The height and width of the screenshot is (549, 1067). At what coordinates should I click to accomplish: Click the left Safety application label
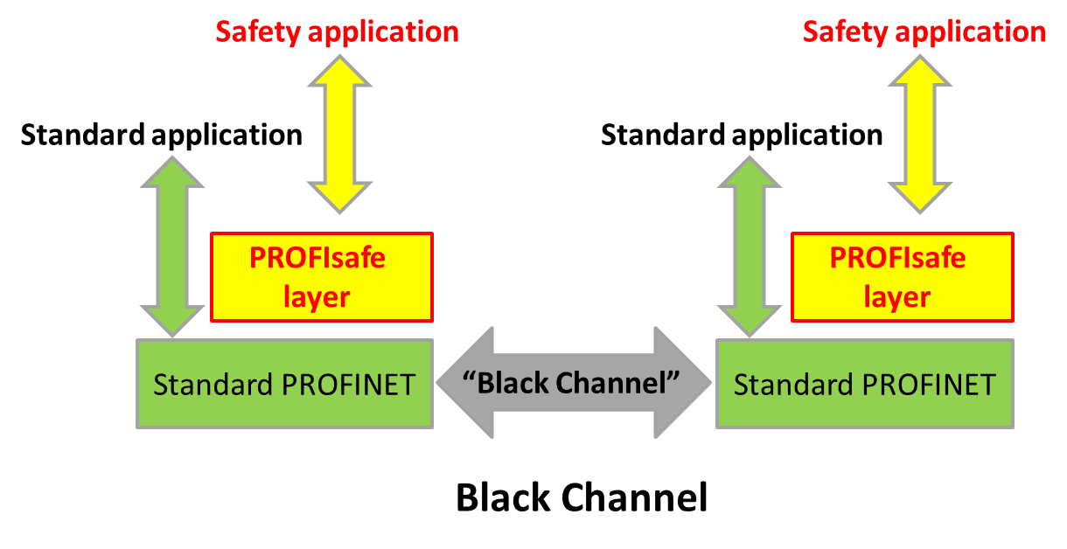[337, 31]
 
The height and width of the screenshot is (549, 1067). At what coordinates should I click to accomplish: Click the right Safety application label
[924, 31]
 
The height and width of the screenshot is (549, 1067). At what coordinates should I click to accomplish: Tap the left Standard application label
[161, 136]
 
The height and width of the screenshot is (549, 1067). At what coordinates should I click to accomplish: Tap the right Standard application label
[742, 136]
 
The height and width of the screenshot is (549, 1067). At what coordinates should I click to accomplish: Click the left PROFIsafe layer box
[321, 277]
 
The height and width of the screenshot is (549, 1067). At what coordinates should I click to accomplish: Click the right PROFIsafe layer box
[902, 277]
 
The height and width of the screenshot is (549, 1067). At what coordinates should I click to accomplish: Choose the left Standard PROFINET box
[284, 385]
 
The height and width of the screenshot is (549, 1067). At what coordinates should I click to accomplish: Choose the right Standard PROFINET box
[864, 385]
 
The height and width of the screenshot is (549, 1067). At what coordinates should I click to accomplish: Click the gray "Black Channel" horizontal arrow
[574, 383]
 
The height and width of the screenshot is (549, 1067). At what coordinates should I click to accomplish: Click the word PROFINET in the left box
[348, 385]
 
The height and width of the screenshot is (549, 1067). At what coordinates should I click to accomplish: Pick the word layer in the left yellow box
[317, 297]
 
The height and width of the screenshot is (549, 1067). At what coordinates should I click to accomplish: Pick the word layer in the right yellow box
[897, 297]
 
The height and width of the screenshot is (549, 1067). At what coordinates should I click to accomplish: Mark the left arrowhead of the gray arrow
[464, 383]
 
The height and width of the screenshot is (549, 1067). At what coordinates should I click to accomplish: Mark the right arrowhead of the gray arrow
[686, 383]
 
